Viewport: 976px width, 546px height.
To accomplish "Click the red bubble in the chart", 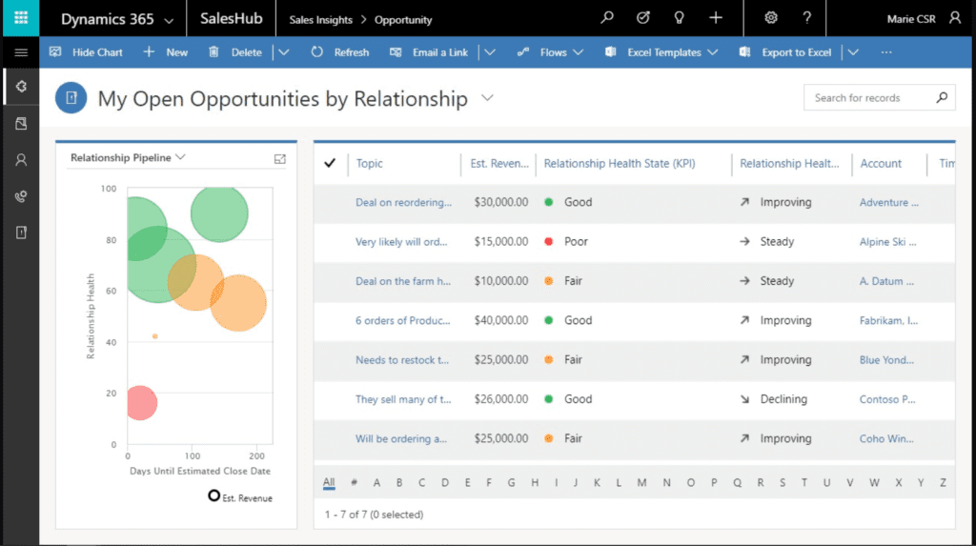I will point(140,402).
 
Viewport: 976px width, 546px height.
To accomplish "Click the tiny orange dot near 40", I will point(155,336).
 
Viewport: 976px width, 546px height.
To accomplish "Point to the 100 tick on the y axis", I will point(108,189).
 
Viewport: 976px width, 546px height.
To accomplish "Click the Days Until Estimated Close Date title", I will point(200,471).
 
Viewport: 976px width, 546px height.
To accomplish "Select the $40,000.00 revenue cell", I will point(500,320).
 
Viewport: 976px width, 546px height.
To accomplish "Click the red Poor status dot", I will point(549,242).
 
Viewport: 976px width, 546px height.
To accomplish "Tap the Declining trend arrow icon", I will point(744,399).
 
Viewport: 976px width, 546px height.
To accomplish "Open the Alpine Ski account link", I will point(888,242).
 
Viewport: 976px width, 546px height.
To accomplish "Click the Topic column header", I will point(370,164).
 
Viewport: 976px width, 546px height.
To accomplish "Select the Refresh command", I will point(340,52).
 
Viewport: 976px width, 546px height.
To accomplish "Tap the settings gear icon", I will point(771,18).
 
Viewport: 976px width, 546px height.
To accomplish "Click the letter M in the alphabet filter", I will point(642,482).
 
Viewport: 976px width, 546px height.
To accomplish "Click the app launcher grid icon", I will point(20,18).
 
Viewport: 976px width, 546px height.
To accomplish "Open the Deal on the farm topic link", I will point(403,281).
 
